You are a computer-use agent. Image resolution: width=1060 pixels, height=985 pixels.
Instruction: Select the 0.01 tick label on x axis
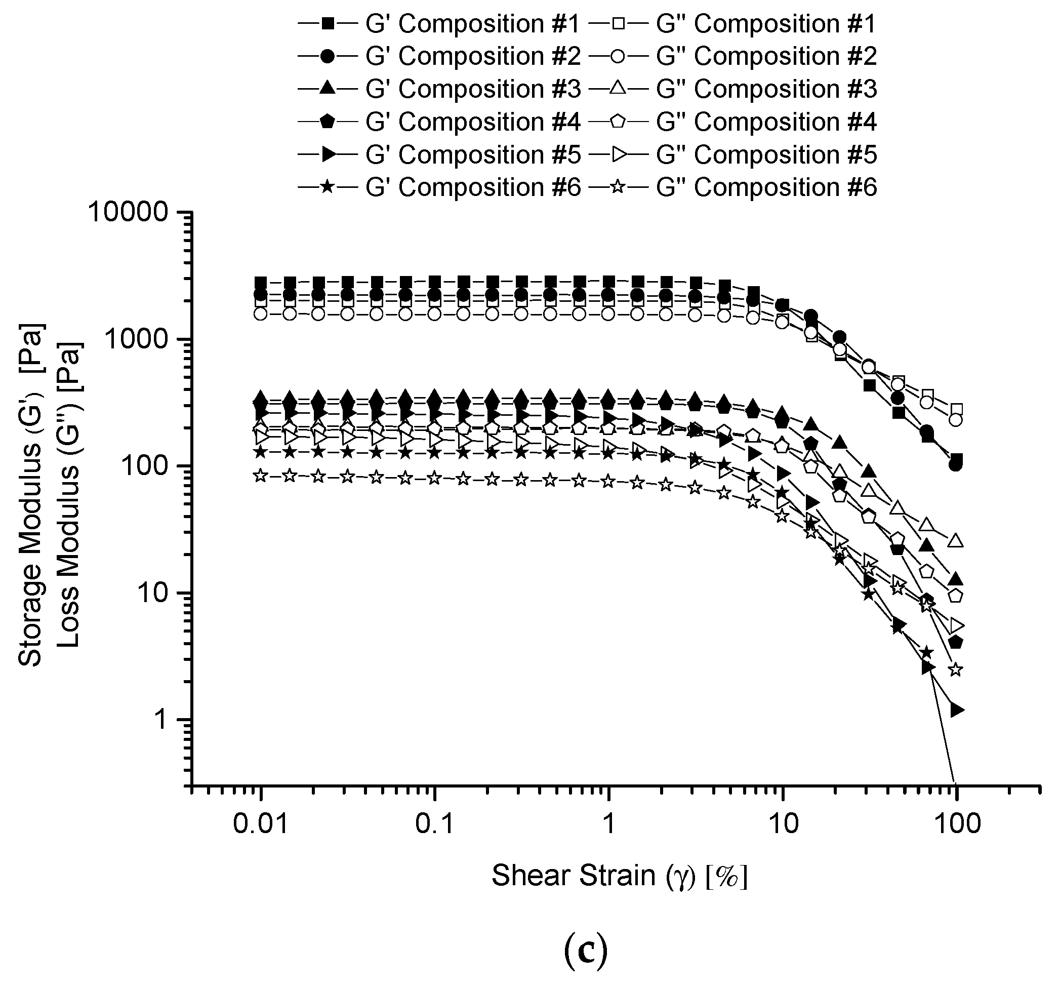click(x=261, y=823)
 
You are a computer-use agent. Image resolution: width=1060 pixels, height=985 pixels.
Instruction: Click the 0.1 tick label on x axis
click(x=434, y=823)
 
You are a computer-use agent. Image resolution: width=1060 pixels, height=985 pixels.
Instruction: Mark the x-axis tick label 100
click(x=956, y=823)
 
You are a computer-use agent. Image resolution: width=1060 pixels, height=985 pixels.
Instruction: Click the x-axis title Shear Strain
click(x=620, y=875)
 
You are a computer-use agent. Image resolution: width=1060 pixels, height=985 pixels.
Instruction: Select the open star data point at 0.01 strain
click(x=261, y=475)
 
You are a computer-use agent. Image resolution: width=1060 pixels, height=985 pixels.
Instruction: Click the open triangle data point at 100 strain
click(x=956, y=541)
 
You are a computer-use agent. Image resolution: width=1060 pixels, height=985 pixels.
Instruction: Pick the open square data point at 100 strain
click(x=956, y=409)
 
